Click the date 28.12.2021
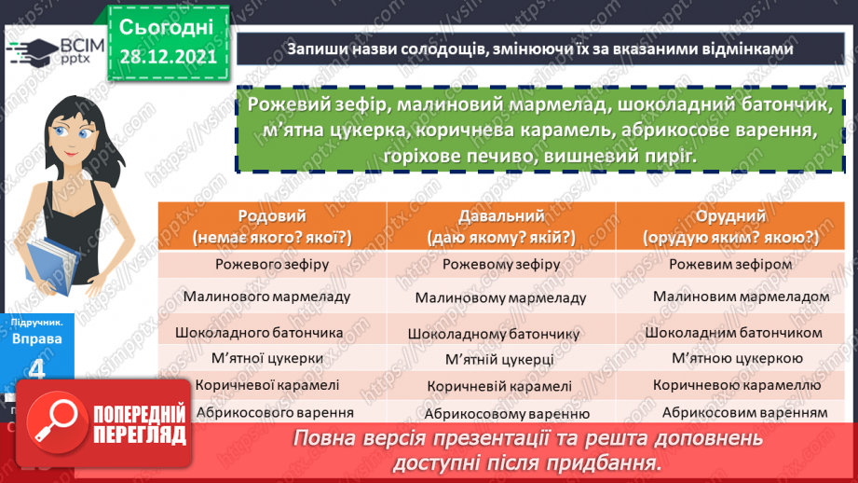coord(167,56)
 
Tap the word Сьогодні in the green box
coord(167,25)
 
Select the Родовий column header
coord(271,227)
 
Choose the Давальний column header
coord(501,227)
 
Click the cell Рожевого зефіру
coord(271,265)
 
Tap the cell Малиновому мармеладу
coord(501,298)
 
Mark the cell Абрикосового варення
coord(271,411)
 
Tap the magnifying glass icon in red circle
coord(61,422)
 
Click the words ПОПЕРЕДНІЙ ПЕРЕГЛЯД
coord(139,424)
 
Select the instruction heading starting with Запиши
coord(539,49)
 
